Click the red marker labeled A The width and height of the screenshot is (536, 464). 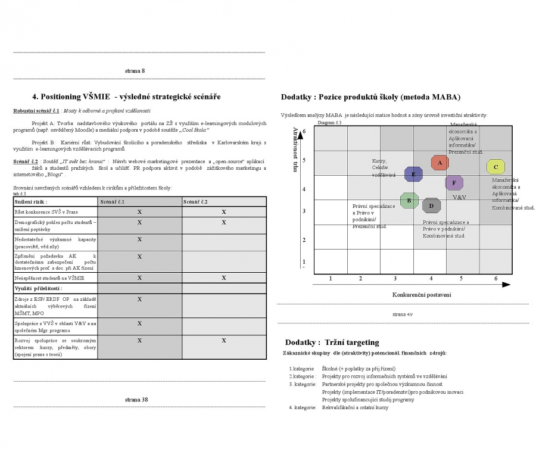(x=440, y=163)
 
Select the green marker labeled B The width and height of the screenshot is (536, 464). (x=409, y=200)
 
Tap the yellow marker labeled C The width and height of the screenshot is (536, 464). (x=496, y=167)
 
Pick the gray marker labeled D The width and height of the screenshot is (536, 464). (x=431, y=206)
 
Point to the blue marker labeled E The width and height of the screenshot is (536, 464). (x=413, y=174)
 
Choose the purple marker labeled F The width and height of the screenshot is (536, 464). (x=454, y=183)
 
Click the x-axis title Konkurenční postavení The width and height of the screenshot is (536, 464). (x=422, y=295)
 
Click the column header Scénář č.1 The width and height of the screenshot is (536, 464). (x=112, y=202)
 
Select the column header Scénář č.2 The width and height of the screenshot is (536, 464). (x=195, y=202)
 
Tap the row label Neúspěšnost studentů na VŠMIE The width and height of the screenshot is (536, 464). (x=50, y=278)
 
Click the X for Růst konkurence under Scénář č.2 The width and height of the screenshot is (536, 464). (x=224, y=211)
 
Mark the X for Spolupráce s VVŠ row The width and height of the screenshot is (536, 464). (x=139, y=323)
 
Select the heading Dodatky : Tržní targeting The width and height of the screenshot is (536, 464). (x=332, y=342)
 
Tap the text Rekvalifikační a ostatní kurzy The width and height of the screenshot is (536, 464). (x=355, y=407)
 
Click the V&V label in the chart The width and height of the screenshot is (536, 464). (x=459, y=197)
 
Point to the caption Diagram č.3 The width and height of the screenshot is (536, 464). (x=329, y=123)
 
